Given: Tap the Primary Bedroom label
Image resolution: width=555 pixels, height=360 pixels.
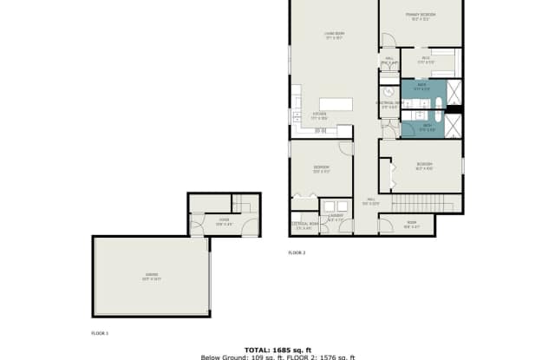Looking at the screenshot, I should tap(420, 16).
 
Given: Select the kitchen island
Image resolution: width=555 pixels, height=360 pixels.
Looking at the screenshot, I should tap(336, 104).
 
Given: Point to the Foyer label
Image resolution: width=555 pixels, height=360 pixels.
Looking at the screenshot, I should tap(223, 222).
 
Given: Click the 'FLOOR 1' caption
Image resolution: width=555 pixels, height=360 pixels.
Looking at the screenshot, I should tap(100, 333).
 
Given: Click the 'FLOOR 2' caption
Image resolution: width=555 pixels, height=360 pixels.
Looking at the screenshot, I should tap(297, 253).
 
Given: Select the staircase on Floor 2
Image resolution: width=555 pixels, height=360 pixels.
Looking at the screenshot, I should tap(434, 204).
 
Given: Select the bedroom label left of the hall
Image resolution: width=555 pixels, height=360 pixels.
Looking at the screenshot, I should tap(321, 168).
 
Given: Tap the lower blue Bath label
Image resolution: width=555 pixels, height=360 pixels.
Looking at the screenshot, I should tap(427, 127).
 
